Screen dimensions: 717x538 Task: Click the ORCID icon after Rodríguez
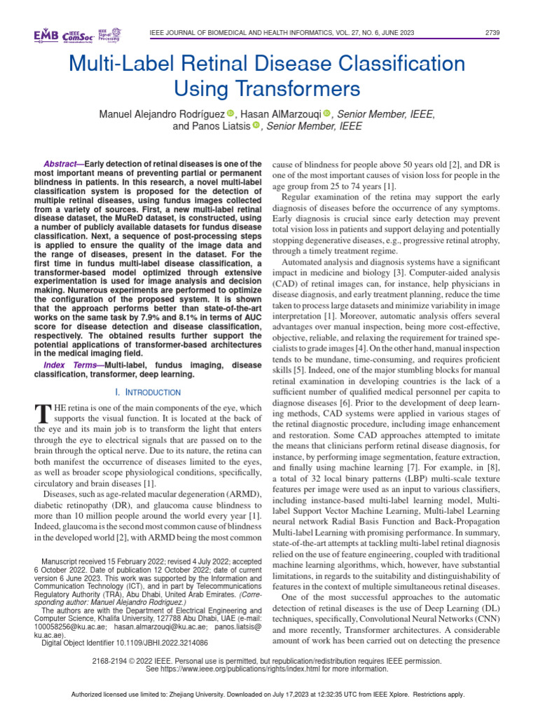coord(230,114)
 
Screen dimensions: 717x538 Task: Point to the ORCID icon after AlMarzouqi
coord(326,114)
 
